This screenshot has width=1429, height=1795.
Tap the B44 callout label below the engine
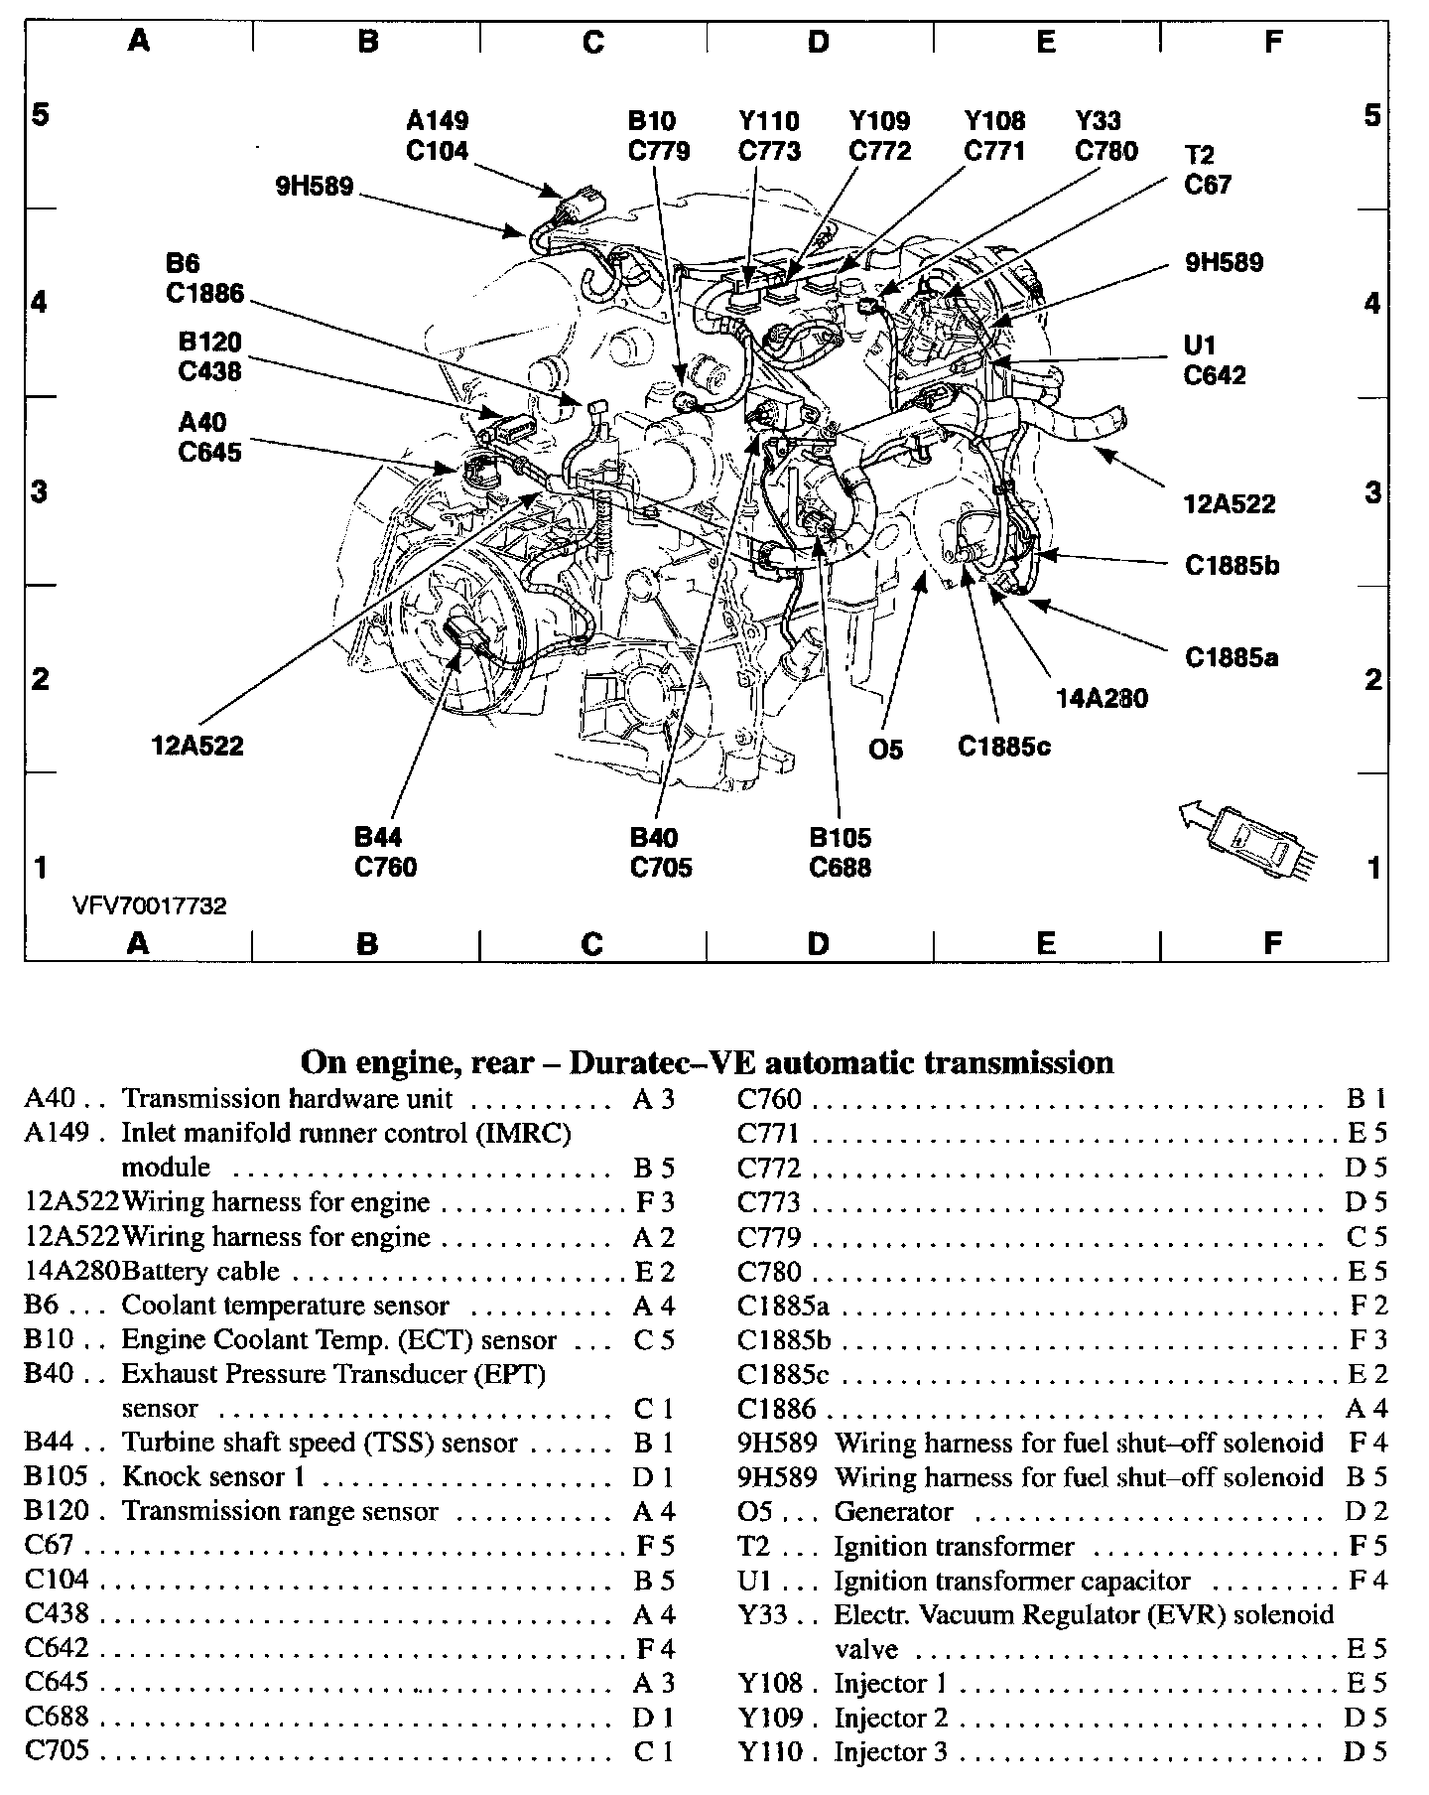378,837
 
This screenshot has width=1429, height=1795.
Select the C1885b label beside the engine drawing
1232,565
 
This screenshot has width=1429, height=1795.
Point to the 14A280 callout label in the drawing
1101,699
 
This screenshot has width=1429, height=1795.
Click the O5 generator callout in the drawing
885,750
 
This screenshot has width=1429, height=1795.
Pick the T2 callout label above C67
1199,155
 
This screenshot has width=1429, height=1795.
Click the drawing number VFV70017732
149,905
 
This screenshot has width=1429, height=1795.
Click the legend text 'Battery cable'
200,1271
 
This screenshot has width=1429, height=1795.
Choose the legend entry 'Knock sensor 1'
212,1476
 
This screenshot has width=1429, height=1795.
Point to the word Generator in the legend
893,1511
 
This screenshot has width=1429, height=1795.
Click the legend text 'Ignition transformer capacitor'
1011,1580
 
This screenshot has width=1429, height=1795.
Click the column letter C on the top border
592,42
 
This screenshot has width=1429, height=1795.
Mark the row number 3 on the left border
39,490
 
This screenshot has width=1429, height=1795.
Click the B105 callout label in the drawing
840,837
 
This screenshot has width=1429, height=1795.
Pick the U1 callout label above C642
1200,345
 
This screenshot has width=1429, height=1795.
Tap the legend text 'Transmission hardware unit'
287,1099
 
